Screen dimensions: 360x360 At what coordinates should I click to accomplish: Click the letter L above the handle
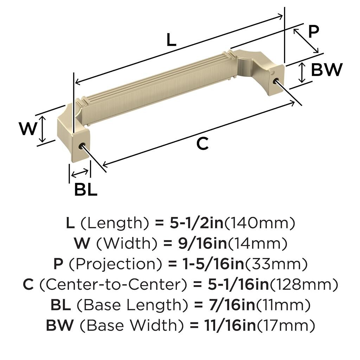pyautogui.click(x=171, y=39)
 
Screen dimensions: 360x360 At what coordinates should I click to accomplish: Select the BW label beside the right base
pyautogui.click(x=327, y=70)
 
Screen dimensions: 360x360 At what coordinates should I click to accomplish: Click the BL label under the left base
pyautogui.click(x=86, y=189)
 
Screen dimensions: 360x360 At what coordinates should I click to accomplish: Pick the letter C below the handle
pyautogui.click(x=202, y=144)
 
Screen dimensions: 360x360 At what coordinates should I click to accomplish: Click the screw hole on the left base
pyautogui.click(x=82, y=146)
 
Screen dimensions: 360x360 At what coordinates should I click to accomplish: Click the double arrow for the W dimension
pyautogui.click(x=43, y=129)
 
